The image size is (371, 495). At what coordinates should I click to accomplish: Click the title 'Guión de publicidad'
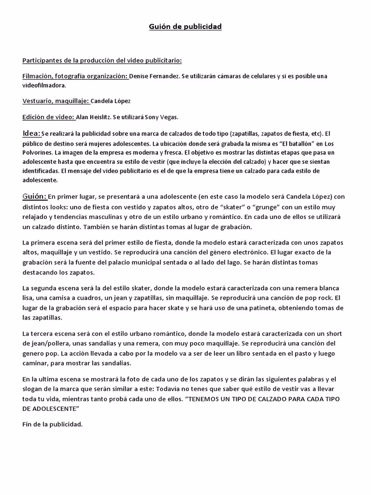click(x=185, y=27)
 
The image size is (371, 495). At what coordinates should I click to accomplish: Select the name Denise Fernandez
click(x=153, y=76)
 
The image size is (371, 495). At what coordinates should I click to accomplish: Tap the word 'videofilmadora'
click(x=44, y=85)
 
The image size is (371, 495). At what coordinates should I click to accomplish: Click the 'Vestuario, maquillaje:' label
click(x=56, y=101)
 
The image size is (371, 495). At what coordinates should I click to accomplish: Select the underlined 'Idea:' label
click(x=31, y=133)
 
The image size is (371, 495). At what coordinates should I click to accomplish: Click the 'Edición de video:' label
click(x=48, y=117)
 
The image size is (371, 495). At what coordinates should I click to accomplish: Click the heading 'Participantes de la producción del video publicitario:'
click(x=102, y=60)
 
